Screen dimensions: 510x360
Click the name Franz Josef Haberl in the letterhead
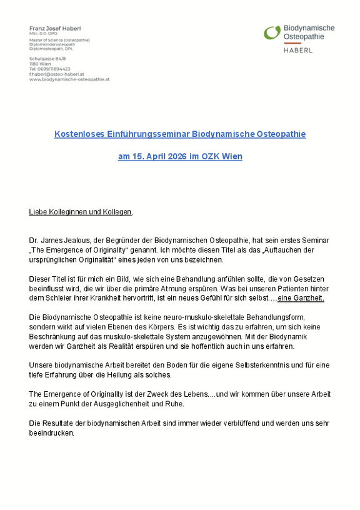coord(54,29)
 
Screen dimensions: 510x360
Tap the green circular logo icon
coord(272,32)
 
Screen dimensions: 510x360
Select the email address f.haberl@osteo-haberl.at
coord(57,74)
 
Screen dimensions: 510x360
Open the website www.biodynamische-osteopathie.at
coord(69,80)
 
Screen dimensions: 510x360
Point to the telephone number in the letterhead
coord(49,69)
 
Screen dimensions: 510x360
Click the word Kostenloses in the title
coord(76,134)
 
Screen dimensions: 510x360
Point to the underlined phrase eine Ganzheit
coord(301,298)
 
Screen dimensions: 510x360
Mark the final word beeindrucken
coord(51,432)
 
